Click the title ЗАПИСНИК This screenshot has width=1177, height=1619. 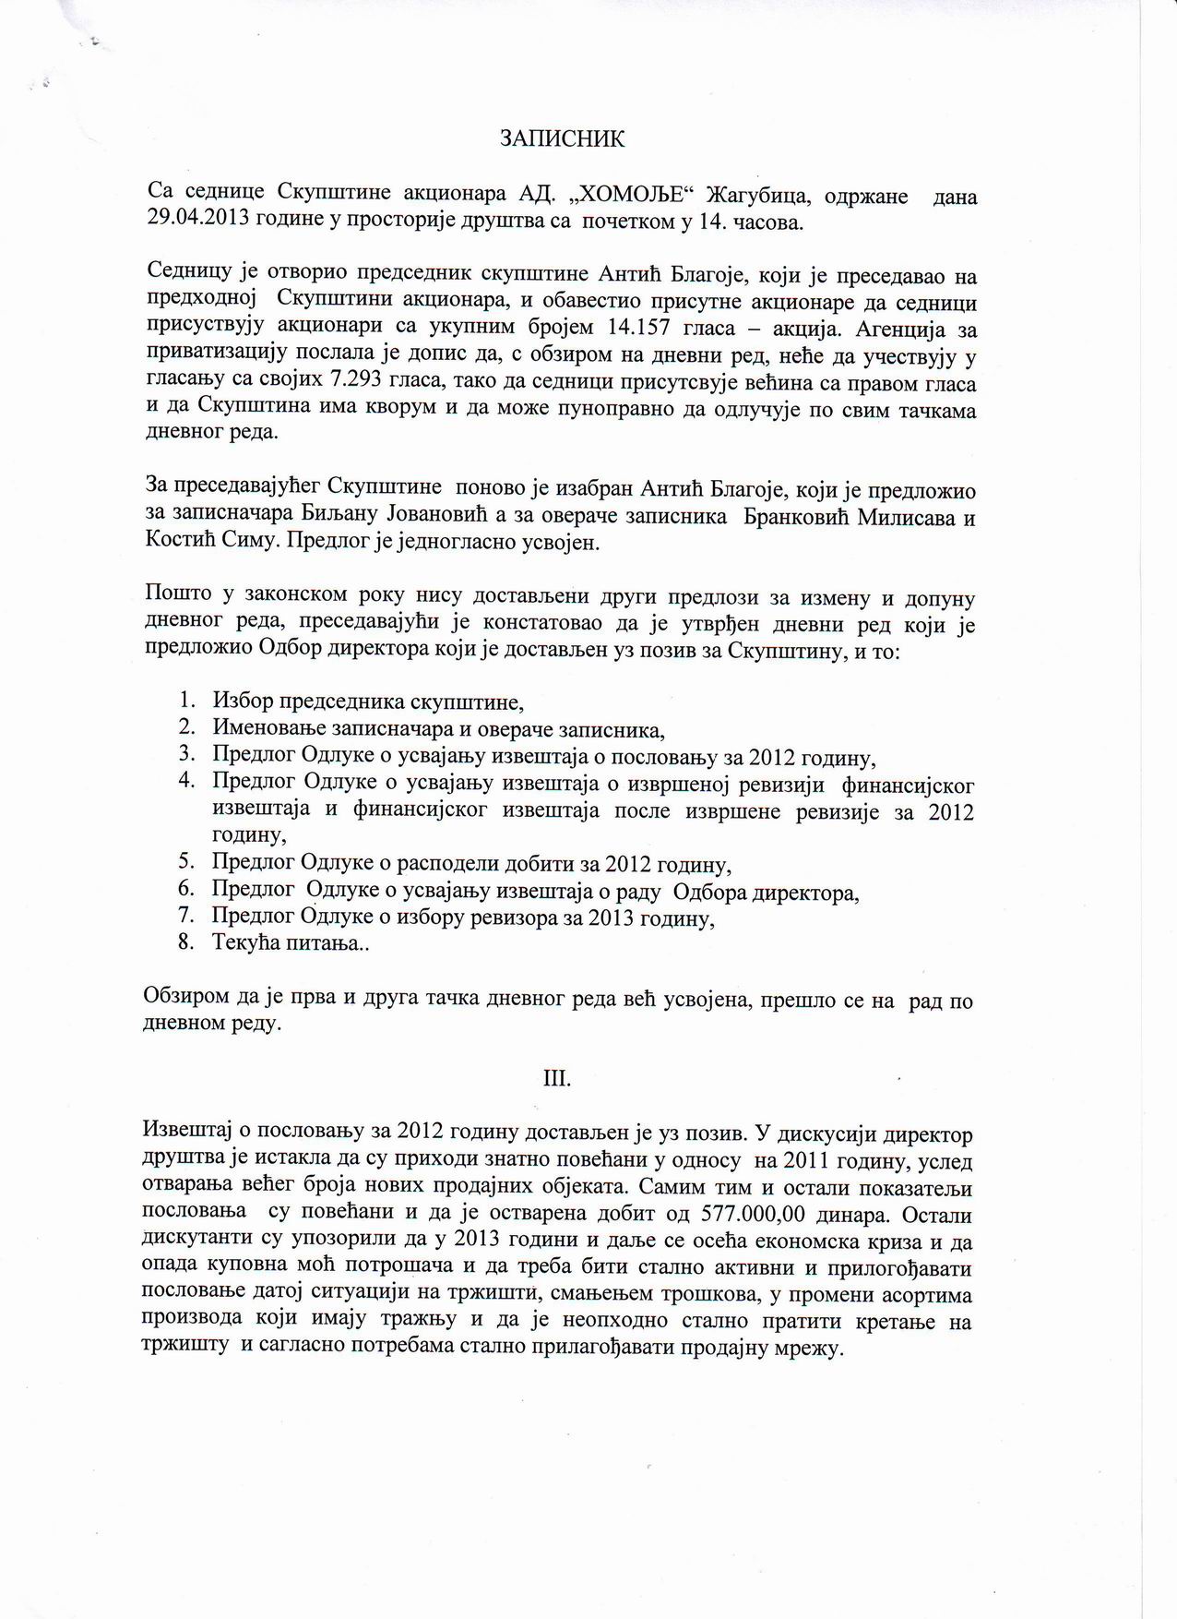click(563, 139)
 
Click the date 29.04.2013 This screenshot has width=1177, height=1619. click(191, 222)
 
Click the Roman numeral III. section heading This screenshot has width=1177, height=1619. click(557, 1078)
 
